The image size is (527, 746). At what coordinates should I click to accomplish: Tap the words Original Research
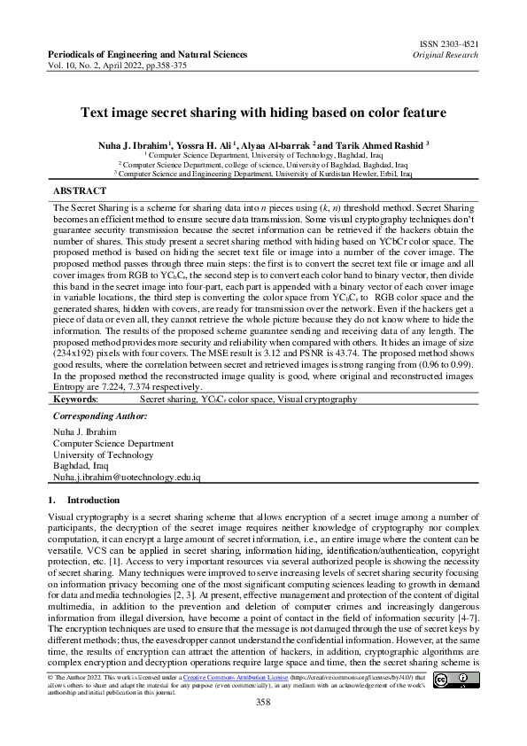click(447, 54)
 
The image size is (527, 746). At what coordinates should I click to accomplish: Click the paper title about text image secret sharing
click(262, 113)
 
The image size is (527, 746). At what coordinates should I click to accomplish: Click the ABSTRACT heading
click(81, 190)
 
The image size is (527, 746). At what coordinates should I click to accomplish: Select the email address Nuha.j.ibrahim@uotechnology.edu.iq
click(128, 477)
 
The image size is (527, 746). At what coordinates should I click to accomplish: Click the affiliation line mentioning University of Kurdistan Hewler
click(264, 175)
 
